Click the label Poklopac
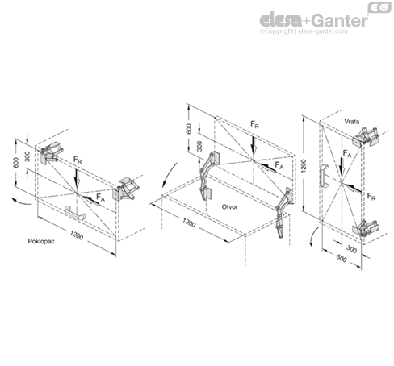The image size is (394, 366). tap(41, 241)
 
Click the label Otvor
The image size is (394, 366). tap(229, 206)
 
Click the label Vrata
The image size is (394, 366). tap(352, 122)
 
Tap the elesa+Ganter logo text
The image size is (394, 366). tap(313, 20)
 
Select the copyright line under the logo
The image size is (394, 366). tap(304, 31)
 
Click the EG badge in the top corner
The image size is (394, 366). tap(379, 7)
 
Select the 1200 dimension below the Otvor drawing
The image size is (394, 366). tap(189, 223)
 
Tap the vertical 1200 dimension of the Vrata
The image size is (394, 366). tap(304, 166)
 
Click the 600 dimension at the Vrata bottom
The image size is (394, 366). tap(342, 258)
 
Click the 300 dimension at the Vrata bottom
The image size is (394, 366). tap(351, 249)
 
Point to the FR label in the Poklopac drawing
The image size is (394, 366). tap(78, 160)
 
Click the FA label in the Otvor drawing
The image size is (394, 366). tap(279, 165)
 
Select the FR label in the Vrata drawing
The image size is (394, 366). tap(371, 197)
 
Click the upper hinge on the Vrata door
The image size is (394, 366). tap(366, 137)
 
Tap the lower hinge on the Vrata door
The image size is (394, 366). tap(366, 228)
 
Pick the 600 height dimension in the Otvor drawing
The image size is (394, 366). tap(189, 129)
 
